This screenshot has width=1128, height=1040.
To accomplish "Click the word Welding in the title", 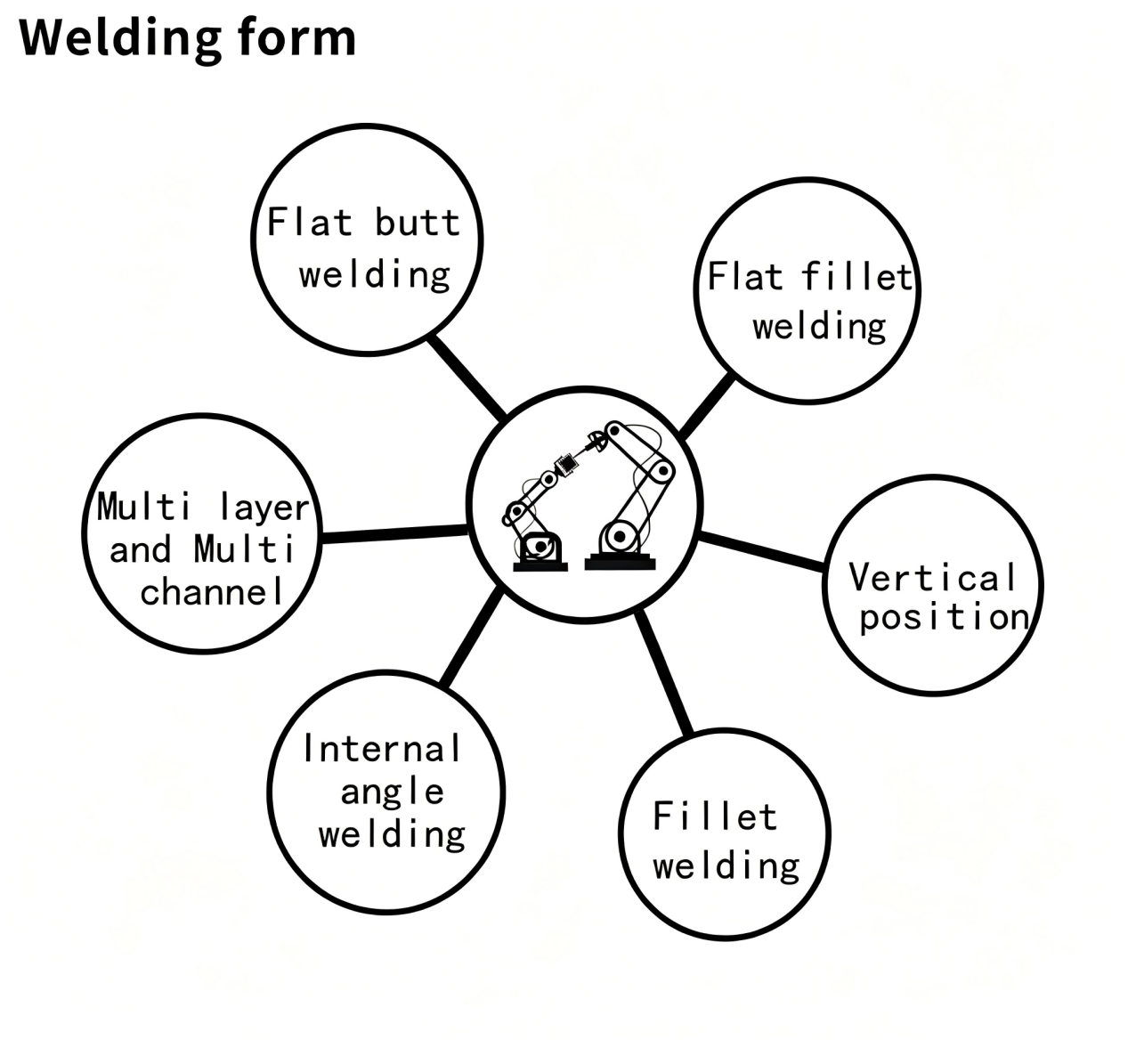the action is coord(120,38).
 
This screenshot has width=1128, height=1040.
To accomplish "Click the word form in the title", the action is coord(296,37).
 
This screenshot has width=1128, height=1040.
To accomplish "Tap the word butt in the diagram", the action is coord(417,223).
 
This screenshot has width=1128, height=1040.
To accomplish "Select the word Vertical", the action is coord(932,577).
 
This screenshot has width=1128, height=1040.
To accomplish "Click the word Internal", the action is coord(382,748).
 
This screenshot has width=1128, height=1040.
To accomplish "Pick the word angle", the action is coord(392,792).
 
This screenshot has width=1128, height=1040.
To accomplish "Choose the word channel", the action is coord(211,591).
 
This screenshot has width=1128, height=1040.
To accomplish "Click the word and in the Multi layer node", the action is coord(140,549).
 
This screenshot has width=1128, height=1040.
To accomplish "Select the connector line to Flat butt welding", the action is coord(467,378).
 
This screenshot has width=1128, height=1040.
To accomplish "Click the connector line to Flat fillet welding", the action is coord(706,406).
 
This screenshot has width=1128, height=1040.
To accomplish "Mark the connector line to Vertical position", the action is coord(761,550).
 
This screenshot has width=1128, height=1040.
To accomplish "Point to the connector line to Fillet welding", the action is coord(663,672).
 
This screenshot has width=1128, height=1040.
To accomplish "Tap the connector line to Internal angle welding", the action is coord(472,637).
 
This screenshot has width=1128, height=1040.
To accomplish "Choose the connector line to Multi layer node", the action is coord(394,534).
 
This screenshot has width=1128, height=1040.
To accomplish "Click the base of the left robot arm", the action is coord(540,566).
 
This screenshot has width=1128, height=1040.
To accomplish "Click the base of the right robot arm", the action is coord(621,563).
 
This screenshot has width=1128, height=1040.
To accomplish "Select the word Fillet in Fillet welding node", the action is coord(715,817).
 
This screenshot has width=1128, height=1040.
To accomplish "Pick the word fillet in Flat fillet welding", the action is coord(857,277).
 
